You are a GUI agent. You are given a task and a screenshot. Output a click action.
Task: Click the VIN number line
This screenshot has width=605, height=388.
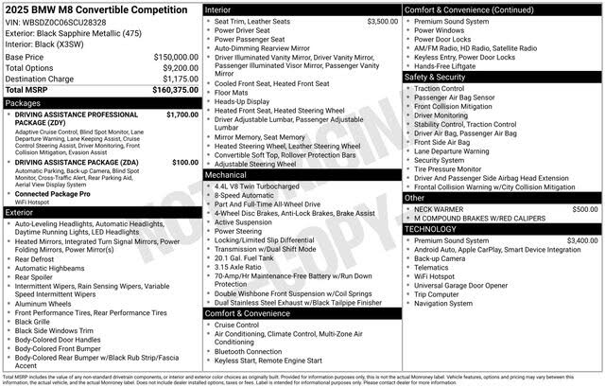click(x=56, y=21)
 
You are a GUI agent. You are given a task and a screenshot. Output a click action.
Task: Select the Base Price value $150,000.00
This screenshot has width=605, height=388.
click(x=176, y=57)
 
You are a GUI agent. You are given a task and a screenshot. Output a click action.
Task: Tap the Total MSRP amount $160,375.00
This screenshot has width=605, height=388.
click(x=174, y=91)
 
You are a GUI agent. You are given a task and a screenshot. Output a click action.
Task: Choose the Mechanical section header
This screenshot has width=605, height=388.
click(x=226, y=175)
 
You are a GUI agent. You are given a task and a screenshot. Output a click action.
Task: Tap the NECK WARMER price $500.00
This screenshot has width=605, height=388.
click(x=585, y=208)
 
